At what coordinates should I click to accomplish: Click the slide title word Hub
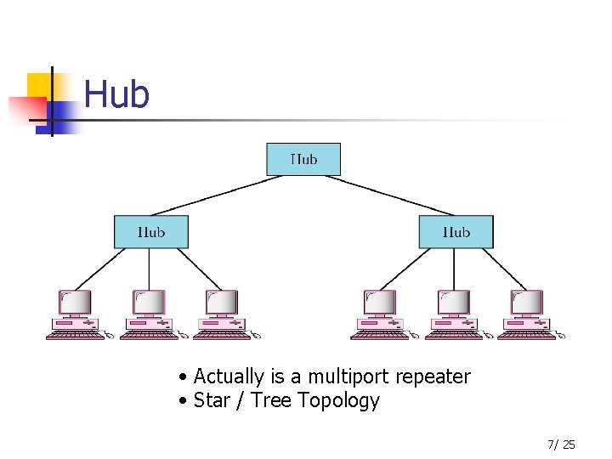[x=117, y=94]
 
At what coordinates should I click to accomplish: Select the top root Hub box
[x=303, y=159]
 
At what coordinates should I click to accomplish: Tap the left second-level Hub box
[x=151, y=231]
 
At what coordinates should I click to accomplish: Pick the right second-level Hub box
[x=456, y=231]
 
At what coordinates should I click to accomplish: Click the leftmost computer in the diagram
[x=76, y=310]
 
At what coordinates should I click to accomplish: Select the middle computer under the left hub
[x=149, y=310]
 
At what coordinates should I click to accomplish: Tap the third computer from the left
[x=222, y=310]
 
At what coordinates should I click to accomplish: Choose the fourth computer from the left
[x=380, y=310]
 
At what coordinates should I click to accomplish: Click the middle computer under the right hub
[x=453, y=310]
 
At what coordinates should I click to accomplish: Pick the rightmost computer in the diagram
[x=526, y=310]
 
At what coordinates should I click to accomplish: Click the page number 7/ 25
[x=561, y=444]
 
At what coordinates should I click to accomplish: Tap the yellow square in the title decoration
[x=39, y=86]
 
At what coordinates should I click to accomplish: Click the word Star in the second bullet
[x=211, y=400]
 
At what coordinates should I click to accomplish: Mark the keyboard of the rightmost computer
[x=526, y=336]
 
